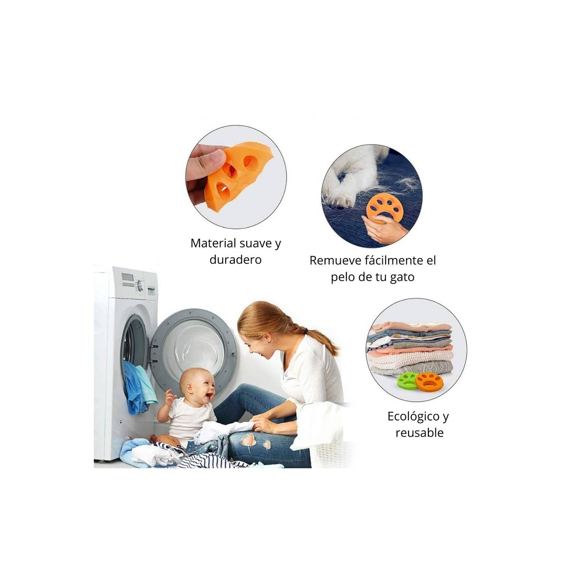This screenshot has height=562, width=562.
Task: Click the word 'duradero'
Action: (x=235, y=259)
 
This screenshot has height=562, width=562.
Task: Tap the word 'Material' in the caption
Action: (x=213, y=243)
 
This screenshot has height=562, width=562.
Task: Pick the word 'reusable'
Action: (x=419, y=432)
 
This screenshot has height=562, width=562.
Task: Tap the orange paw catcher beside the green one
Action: (x=428, y=382)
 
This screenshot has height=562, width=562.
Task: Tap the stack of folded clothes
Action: (x=410, y=348)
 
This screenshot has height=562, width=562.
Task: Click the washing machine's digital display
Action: (x=126, y=276)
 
